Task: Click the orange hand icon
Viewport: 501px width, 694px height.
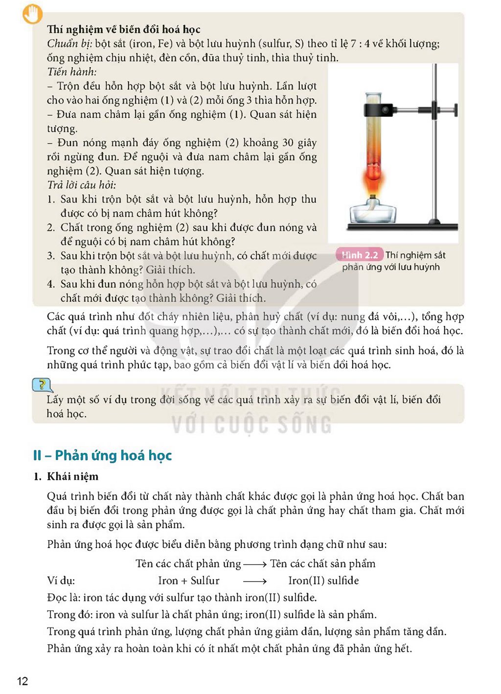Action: (x=33, y=15)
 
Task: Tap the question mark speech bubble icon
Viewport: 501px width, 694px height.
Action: (x=42, y=385)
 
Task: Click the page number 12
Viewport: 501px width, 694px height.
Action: (x=23, y=681)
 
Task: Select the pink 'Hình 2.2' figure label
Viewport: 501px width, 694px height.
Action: (x=359, y=255)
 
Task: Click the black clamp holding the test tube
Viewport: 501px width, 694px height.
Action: (x=381, y=110)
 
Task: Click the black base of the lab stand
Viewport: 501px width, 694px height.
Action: (x=402, y=227)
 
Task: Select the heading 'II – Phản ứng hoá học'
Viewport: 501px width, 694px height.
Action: (x=103, y=455)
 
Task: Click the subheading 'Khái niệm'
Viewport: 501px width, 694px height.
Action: (x=72, y=476)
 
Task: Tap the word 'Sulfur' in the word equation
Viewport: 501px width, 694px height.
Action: (x=205, y=581)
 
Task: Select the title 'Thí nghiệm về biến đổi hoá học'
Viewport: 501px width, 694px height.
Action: (x=124, y=29)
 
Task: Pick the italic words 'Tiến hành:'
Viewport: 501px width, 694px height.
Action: (x=72, y=72)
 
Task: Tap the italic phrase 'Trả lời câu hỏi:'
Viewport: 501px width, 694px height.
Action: (x=82, y=185)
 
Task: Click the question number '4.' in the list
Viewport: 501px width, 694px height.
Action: (x=51, y=284)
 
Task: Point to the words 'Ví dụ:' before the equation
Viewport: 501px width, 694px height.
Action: (x=61, y=581)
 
